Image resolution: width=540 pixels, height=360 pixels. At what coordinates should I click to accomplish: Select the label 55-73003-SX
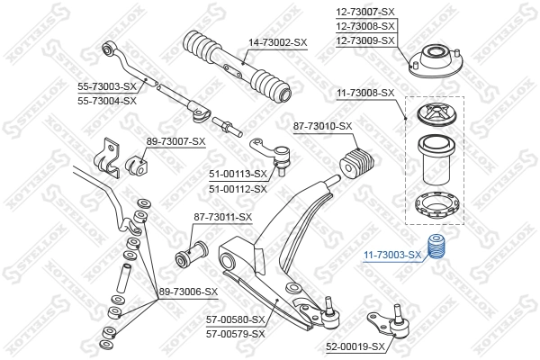coord(106,86)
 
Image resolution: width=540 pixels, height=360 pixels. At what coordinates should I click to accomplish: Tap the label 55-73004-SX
coord(106,100)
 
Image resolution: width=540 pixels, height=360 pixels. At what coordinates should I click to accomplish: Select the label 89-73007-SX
coord(175,141)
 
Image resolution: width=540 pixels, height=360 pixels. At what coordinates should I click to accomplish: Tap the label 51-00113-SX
coord(238,174)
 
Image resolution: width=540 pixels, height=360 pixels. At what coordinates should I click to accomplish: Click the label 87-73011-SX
coord(223,217)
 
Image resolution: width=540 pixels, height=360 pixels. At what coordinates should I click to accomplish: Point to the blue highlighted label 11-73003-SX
coord(392,255)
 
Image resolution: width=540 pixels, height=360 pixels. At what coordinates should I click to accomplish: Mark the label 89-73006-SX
coord(188,292)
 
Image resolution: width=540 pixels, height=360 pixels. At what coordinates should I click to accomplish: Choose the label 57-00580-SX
coord(236,319)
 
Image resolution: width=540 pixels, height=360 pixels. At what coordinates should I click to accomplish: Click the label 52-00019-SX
coord(355,346)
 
